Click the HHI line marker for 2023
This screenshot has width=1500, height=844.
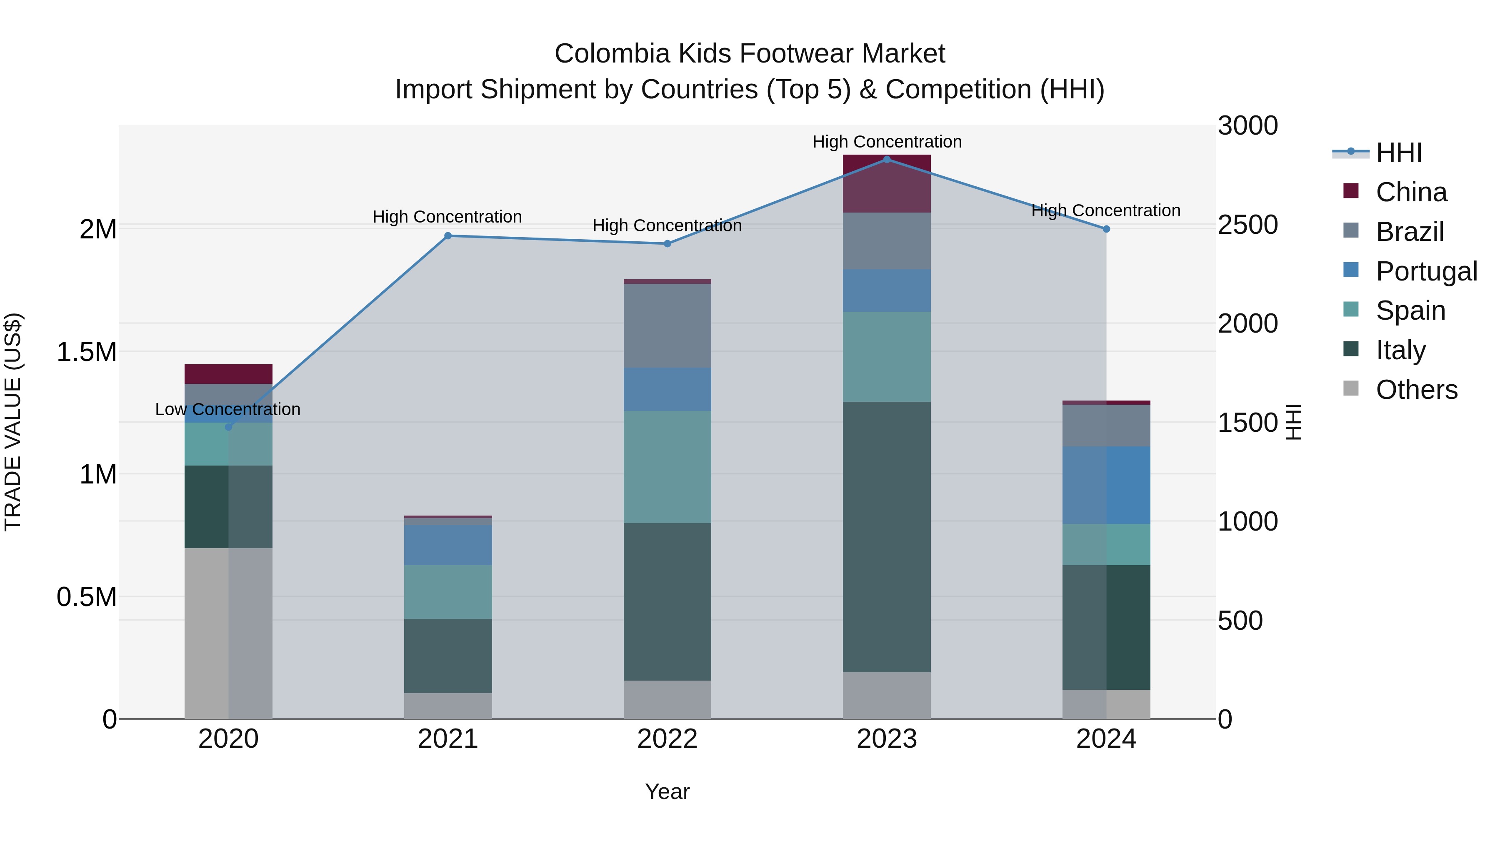click(887, 159)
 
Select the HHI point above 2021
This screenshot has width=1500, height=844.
click(448, 236)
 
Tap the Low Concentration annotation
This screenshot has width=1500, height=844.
click(227, 409)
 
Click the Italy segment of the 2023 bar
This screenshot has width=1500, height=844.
click(887, 536)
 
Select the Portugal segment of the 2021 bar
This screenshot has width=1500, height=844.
click(448, 545)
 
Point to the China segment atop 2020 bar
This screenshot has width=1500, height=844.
click(228, 374)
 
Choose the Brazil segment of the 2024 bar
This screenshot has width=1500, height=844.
click(1106, 425)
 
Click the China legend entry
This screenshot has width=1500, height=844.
click(1411, 192)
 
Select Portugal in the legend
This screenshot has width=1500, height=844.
click(1426, 271)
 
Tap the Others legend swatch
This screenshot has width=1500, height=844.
click(1351, 388)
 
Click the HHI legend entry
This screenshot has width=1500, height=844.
click(1399, 153)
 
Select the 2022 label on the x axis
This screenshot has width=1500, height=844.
click(667, 739)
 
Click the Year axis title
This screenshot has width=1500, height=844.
click(667, 791)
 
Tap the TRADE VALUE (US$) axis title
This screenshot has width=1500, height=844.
click(13, 422)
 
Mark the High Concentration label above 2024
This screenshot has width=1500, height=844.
click(1106, 210)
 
